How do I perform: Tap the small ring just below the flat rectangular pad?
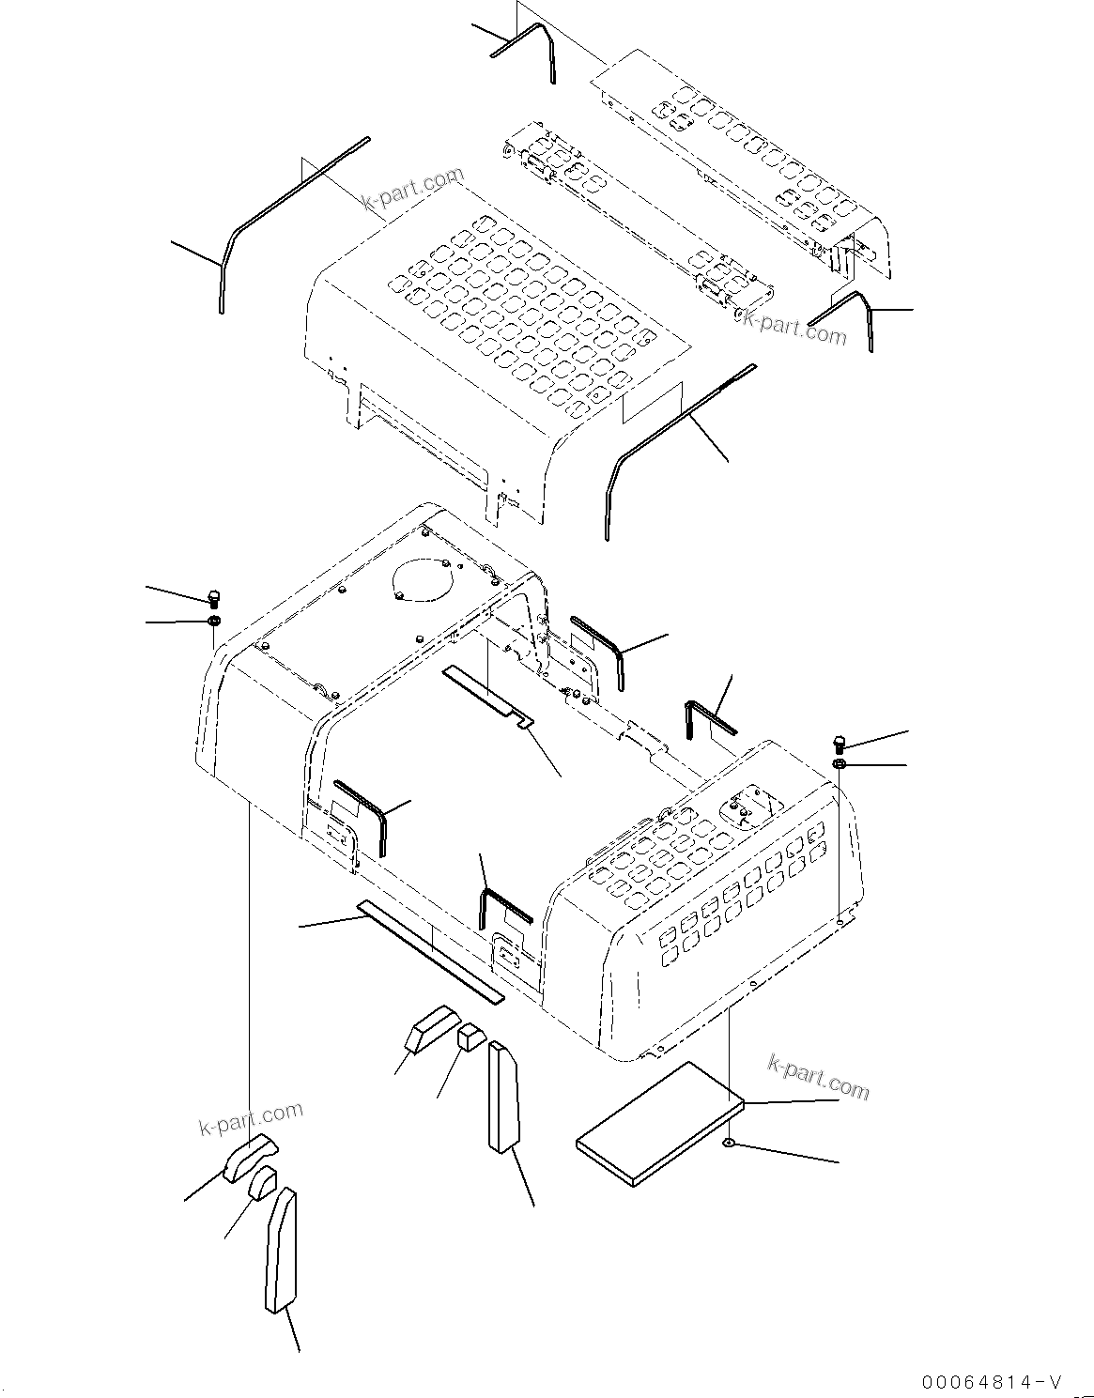click(x=730, y=1143)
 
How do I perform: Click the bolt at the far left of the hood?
click(x=214, y=597)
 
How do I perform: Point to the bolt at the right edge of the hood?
click(x=840, y=745)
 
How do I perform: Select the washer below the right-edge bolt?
click(x=840, y=766)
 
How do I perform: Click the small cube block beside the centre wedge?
click(x=470, y=1037)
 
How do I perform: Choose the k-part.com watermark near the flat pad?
click(x=818, y=1076)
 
